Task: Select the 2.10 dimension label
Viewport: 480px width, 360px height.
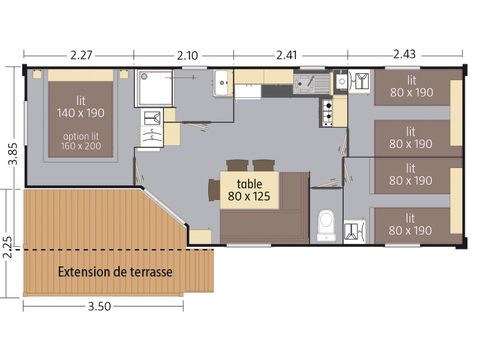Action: point(186,53)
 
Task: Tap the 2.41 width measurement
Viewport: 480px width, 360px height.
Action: point(287,53)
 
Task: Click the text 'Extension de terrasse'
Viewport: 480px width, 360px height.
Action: point(114,272)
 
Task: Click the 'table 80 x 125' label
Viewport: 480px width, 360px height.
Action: point(250,190)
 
